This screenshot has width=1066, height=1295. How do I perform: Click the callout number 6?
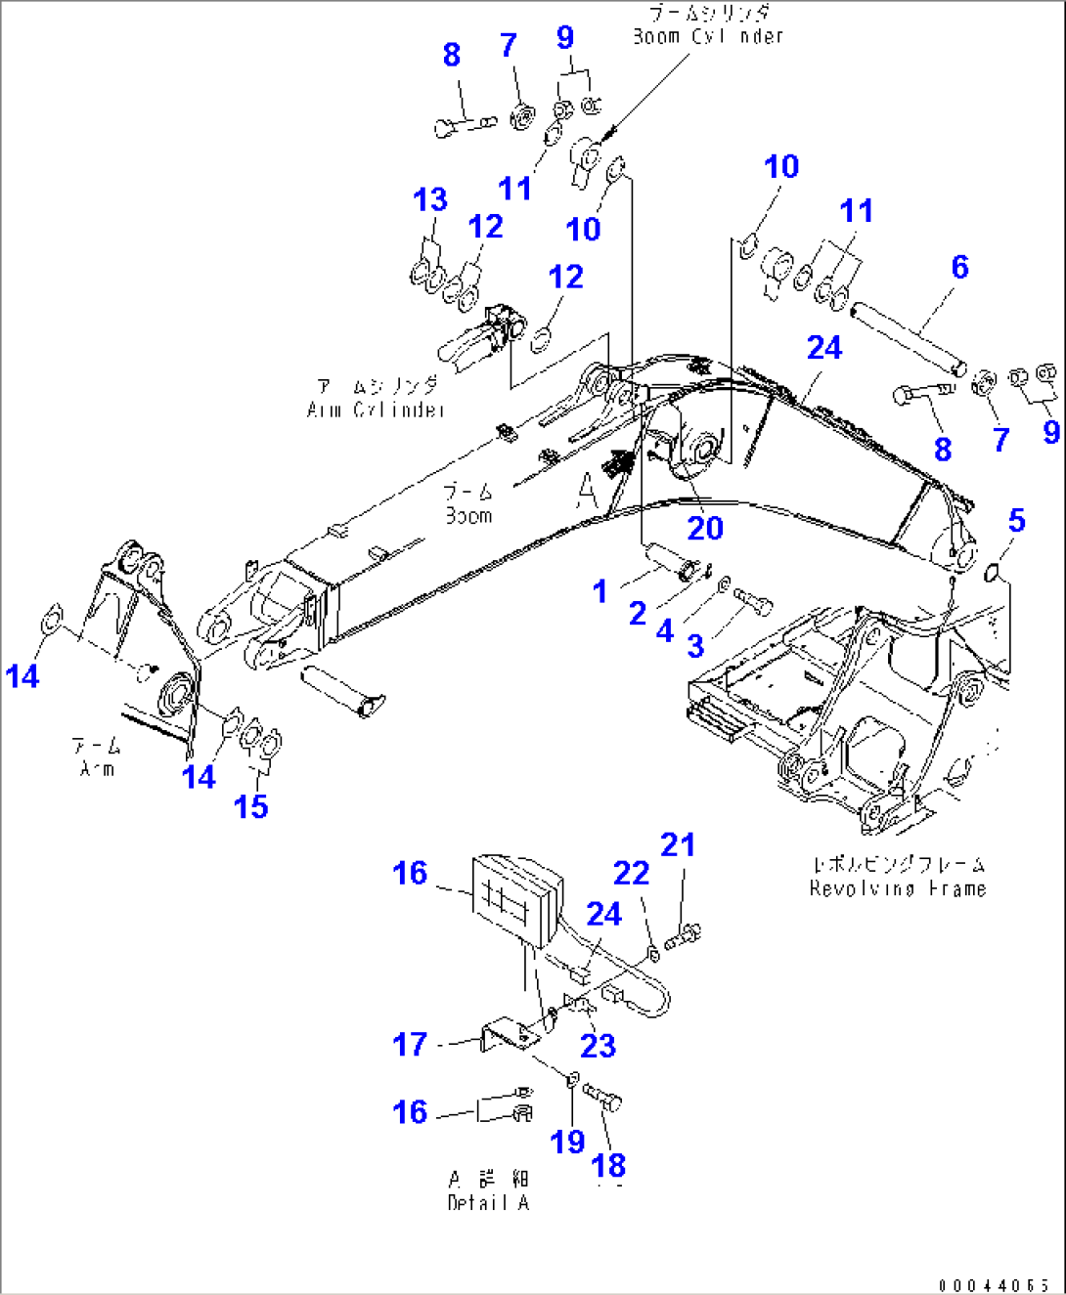pyautogui.click(x=959, y=267)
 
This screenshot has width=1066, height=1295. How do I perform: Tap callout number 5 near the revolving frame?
pyautogui.click(x=1016, y=521)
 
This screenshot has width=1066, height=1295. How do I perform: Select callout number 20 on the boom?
pyautogui.click(x=704, y=528)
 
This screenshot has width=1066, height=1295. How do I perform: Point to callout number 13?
pyautogui.click(x=430, y=200)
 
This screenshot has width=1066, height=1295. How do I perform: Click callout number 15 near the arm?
pyautogui.click(x=250, y=806)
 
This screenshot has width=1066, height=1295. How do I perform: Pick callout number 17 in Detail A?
pyautogui.click(x=410, y=1044)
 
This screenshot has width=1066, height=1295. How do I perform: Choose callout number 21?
pyautogui.click(x=678, y=844)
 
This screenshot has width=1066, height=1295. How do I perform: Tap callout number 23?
pyautogui.click(x=598, y=1045)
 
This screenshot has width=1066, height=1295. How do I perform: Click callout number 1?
pyautogui.click(x=600, y=590)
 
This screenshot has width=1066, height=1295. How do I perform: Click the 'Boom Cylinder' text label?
pyautogui.click(x=707, y=36)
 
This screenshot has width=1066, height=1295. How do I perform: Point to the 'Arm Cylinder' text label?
pyautogui.click(x=377, y=410)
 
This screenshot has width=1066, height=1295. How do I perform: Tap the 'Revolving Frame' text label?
pyautogui.click(x=897, y=888)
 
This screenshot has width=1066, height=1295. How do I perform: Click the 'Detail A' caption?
pyautogui.click(x=488, y=1202)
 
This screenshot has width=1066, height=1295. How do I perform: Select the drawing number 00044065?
pyautogui.click(x=994, y=1285)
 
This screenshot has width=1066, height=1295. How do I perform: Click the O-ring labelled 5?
pyautogui.click(x=994, y=571)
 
